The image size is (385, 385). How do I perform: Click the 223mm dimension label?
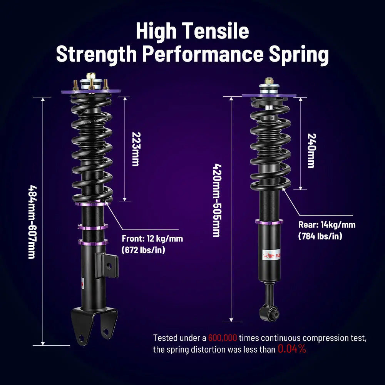[x=135, y=149]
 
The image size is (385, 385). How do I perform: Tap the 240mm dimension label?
[x=311, y=151]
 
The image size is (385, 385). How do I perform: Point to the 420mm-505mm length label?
[x=217, y=201]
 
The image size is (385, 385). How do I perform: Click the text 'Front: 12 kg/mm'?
[x=152, y=239]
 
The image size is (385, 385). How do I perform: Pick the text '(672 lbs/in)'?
[x=143, y=250]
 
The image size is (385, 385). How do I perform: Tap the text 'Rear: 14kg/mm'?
[x=327, y=225]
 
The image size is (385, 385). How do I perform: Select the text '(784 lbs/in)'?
[x=320, y=236]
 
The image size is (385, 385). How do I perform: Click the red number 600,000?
[x=223, y=338]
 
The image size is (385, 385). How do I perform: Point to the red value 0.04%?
[x=292, y=349]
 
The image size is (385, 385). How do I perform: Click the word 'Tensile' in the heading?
[x=221, y=31]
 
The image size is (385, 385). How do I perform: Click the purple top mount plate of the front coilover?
[x=91, y=92]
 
